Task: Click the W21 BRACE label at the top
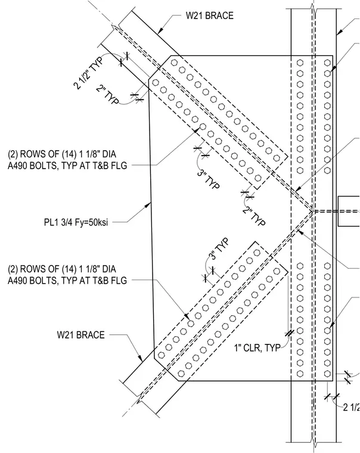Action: [209, 15]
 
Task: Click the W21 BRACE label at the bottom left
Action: [81, 335]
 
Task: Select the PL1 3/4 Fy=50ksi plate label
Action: [76, 222]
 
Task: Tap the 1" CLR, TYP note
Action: [257, 347]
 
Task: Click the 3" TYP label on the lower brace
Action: [219, 249]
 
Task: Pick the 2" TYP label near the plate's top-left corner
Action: [107, 94]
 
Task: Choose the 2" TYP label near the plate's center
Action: [254, 216]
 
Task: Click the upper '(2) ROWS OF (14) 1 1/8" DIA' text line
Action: [62, 154]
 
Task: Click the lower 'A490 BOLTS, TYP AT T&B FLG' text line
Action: [67, 280]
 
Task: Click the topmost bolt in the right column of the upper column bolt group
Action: [327, 63]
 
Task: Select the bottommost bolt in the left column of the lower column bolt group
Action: [300, 374]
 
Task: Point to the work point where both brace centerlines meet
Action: [313, 212]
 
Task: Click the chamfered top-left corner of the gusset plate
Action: [160, 67]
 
